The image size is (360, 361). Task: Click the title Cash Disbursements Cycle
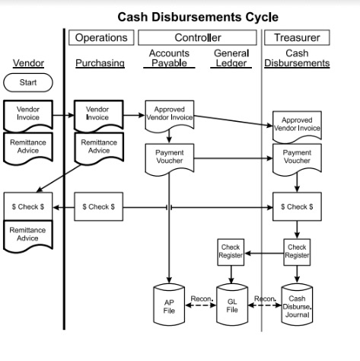pyautogui.click(x=198, y=16)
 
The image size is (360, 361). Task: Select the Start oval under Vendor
pyautogui.click(x=27, y=82)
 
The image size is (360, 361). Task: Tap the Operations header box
pyautogui.click(x=101, y=37)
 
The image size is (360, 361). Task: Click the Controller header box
pyautogui.click(x=198, y=37)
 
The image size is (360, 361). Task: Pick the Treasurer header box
pyautogui.click(x=296, y=37)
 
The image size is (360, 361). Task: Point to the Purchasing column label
pyautogui.click(x=100, y=63)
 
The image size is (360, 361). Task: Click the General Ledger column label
pyautogui.click(x=231, y=58)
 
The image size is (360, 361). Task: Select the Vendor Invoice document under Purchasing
pyautogui.click(x=97, y=114)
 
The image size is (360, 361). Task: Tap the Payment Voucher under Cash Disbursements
pyautogui.click(x=296, y=157)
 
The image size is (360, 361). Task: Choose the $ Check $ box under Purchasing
pyautogui.click(x=97, y=206)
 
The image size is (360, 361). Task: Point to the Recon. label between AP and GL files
pyautogui.click(x=201, y=298)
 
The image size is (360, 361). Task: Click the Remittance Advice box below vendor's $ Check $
pyautogui.click(x=27, y=234)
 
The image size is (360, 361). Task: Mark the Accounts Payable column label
pyautogui.click(x=169, y=58)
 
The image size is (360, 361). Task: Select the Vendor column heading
pyautogui.click(x=27, y=62)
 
